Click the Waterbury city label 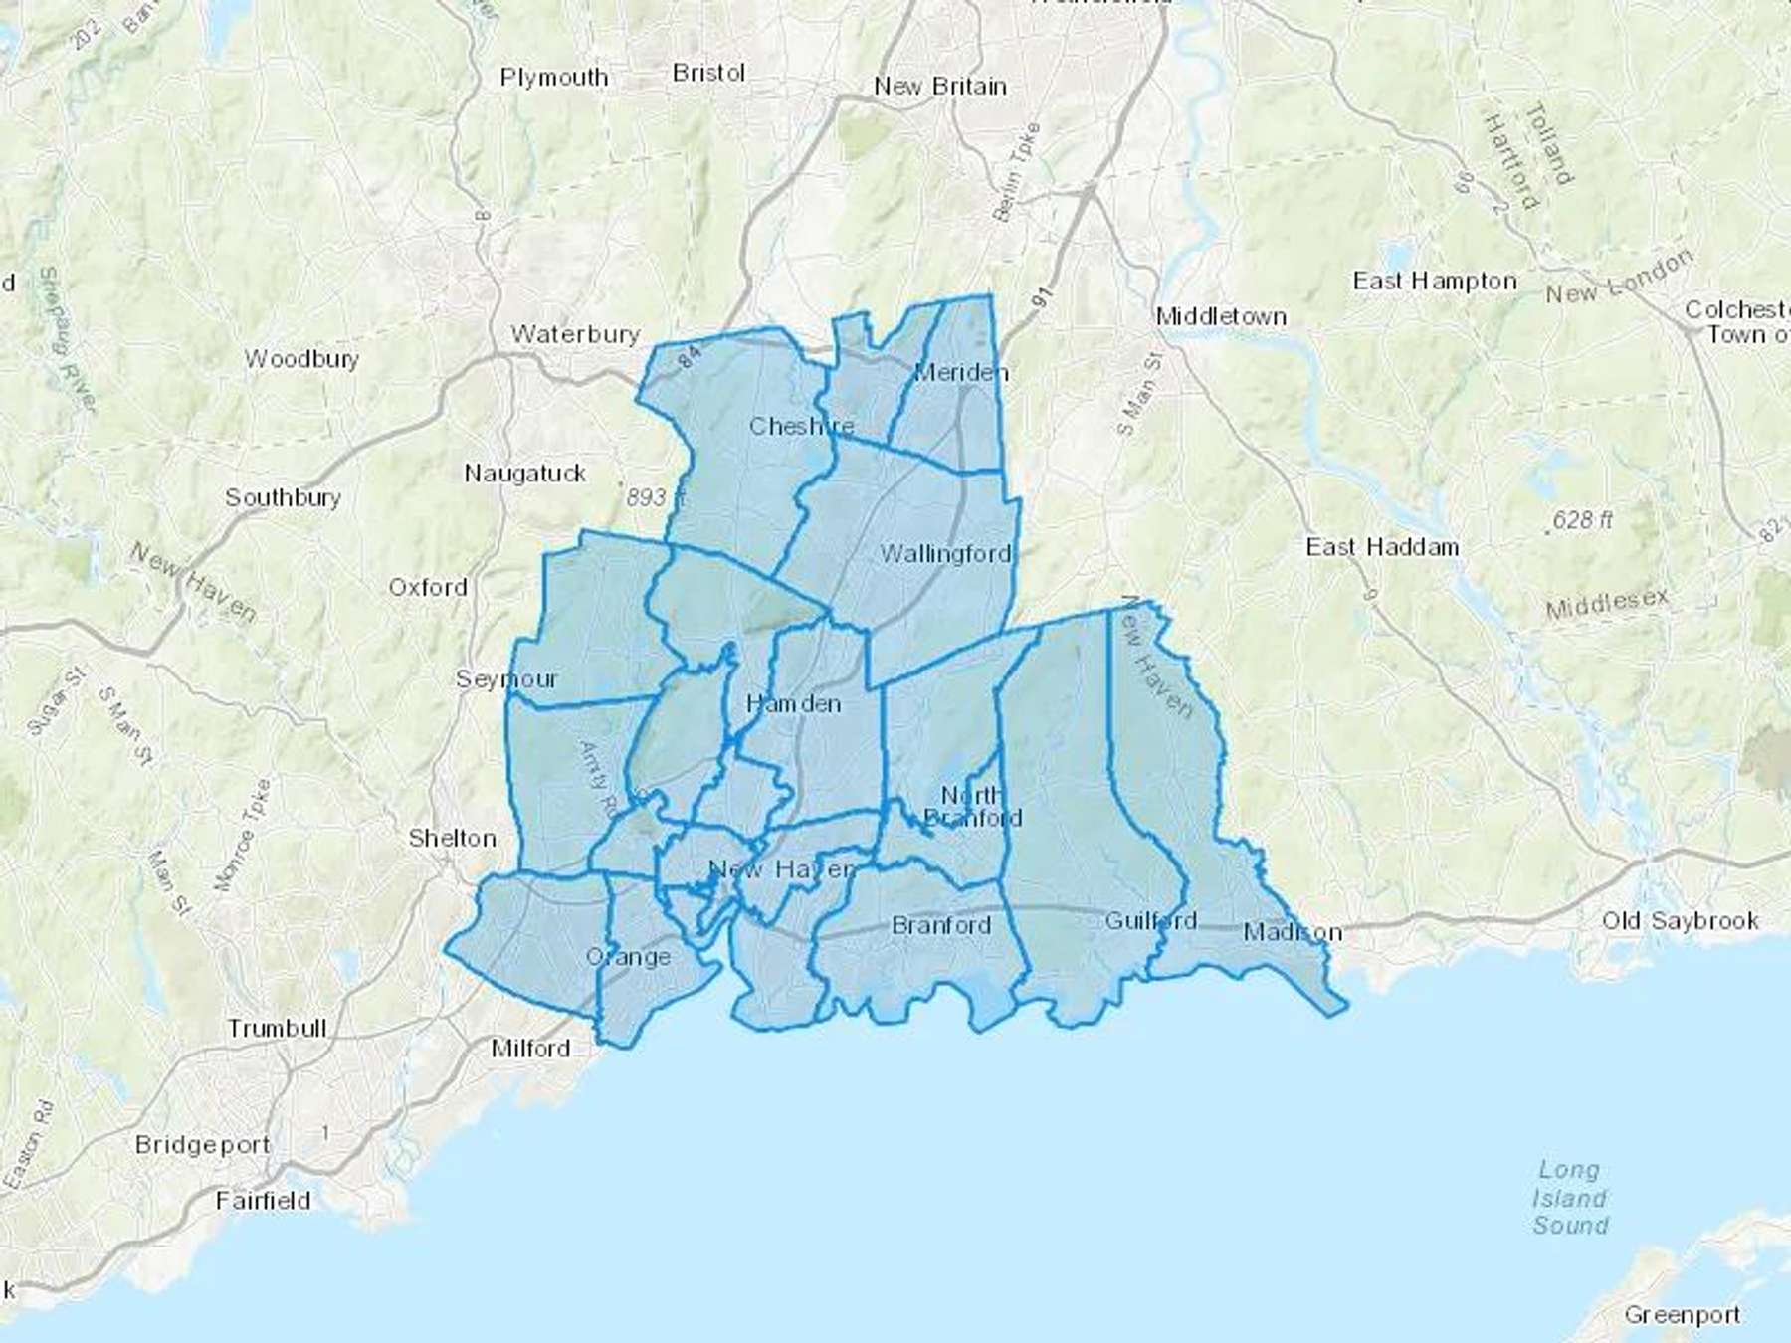(575, 334)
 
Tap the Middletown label (1221, 317)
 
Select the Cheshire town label (801, 427)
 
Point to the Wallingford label (945, 554)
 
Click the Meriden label (960, 373)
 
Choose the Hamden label (793, 704)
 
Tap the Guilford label (1150, 921)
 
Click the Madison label (1293, 933)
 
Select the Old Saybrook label (1680, 921)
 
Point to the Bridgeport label (202, 1145)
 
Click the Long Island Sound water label (1570, 1198)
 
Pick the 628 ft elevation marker (1582, 520)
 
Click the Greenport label (1682, 1315)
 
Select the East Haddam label (1382, 547)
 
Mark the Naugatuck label (524, 474)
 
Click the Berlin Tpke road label (1016, 171)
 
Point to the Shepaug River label (68, 339)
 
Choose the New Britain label (939, 87)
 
